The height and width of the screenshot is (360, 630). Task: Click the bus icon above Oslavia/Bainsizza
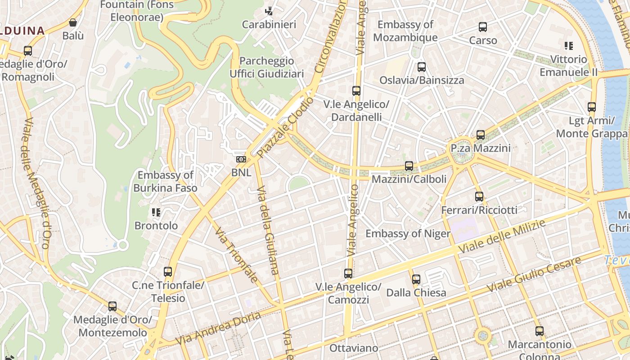pyautogui.click(x=421, y=67)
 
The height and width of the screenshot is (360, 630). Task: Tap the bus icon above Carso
pyautogui.click(x=483, y=27)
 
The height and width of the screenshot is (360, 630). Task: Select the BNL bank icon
pyautogui.click(x=241, y=159)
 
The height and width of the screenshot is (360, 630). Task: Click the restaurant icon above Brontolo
pyautogui.click(x=156, y=212)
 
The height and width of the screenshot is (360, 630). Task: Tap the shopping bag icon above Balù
pyautogui.click(x=73, y=22)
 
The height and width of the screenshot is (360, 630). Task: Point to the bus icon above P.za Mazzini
pyautogui.click(x=480, y=135)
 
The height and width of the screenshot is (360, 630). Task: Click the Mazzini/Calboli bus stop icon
pyautogui.click(x=409, y=166)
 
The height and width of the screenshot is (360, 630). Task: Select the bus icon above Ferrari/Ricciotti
pyautogui.click(x=479, y=197)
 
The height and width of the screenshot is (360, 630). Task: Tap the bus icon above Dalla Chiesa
pyautogui.click(x=416, y=279)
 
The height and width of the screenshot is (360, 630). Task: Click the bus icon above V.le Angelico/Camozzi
pyautogui.click(x=348, y=274)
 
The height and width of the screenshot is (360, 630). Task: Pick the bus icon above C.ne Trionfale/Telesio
pyautogui.click(x=168, y=272)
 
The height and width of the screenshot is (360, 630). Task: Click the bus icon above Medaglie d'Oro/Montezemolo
pyautogui.click(x=112, y=306)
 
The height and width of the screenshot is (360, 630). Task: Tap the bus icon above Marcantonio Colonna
pyautogui.click(x=539, y=331)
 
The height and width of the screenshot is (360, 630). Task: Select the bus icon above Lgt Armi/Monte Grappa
pyautogui.click(x=591, y=107)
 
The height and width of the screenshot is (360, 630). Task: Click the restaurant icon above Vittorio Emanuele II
pyautogui.click(x=569, y=46)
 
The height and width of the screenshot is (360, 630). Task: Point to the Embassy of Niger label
pyautogui.click(x=408, y=234)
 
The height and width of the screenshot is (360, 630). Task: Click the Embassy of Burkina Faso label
pyautogui.click(x=165, y=181)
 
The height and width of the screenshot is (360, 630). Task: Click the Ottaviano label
pyautogui.click(x=354, y=348)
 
